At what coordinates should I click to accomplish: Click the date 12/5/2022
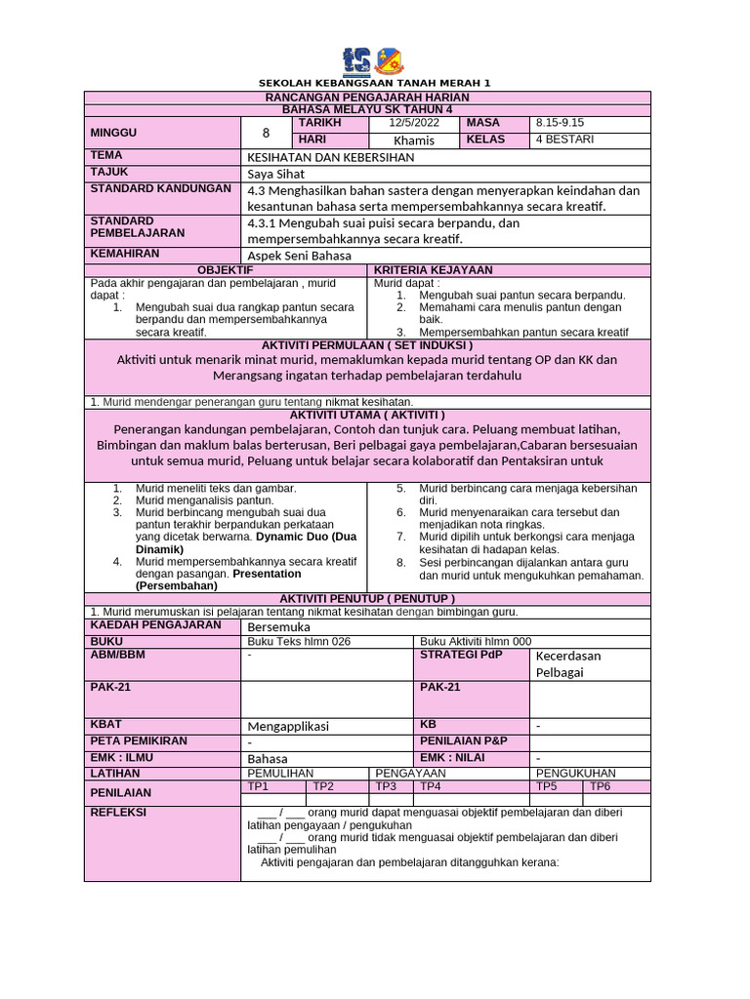tap(413, 123)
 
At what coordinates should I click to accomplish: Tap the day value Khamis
tap(413, 140)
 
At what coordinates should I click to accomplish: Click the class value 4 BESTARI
tap(563, 140)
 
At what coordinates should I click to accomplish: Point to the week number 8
tap(265, 132)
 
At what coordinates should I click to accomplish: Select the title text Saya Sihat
tap(276, 174)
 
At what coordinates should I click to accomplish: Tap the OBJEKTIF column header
tap(226, 269)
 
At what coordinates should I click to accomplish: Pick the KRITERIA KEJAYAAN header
tap(433, 269)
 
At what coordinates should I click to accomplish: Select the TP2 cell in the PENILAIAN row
tap(323, 786)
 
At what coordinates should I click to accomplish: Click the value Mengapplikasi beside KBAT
tap(288, 726)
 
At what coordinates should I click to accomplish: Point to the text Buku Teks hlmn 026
tap(299, 641)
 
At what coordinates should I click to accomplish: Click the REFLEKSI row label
tap(118, 812)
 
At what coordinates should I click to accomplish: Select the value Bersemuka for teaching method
tap(278, 625)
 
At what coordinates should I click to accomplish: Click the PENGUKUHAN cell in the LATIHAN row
tap(577, 773)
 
